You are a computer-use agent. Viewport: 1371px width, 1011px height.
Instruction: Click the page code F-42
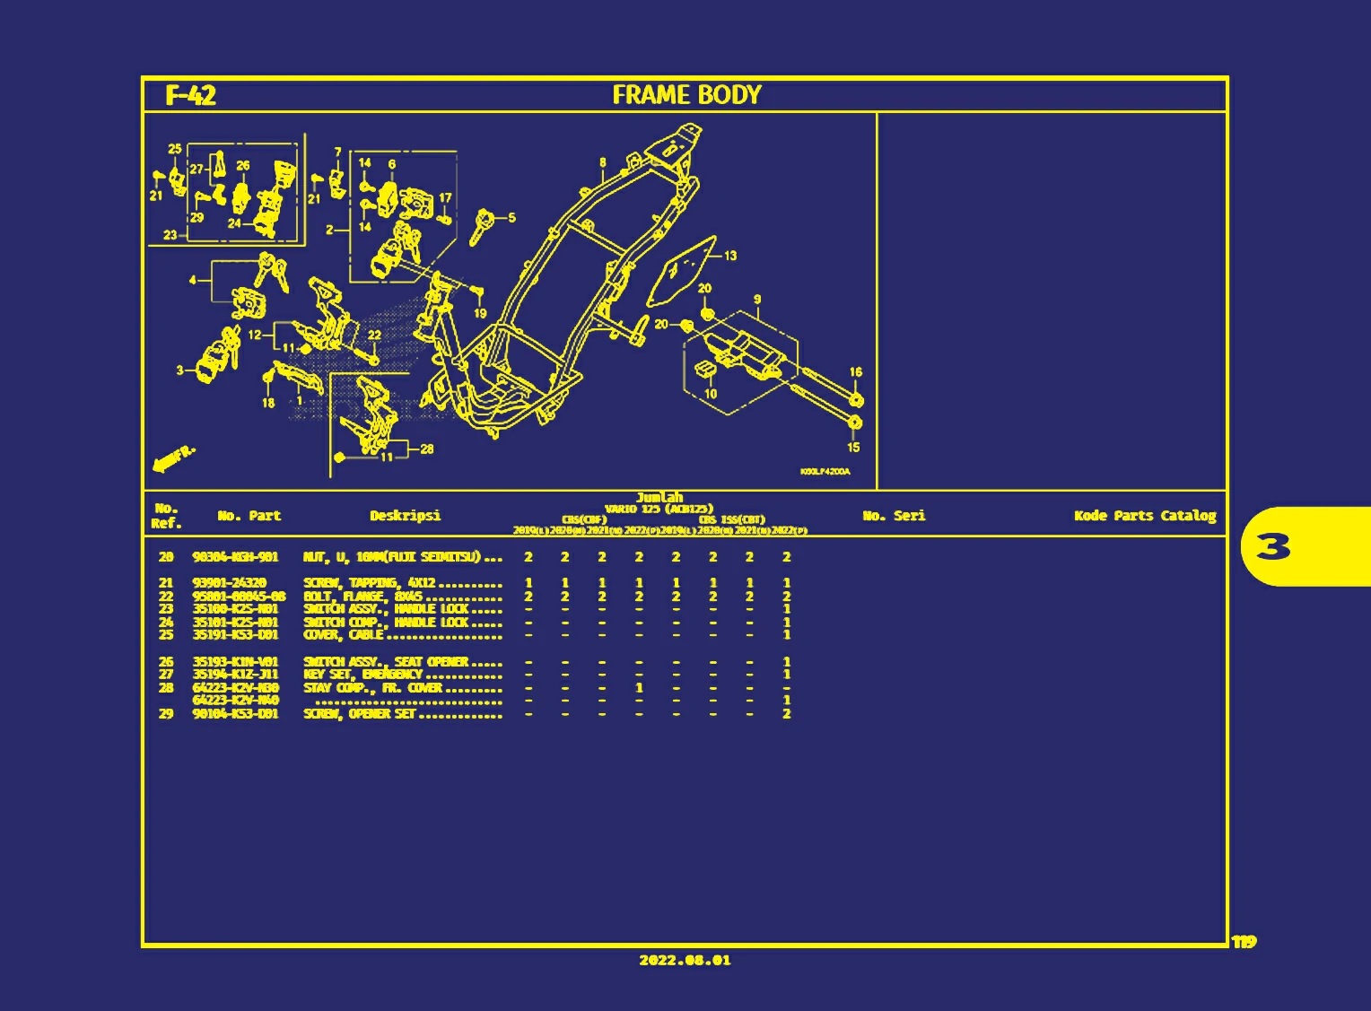tap(190, 96)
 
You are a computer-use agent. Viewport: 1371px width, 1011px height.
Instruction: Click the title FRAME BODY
tap(686, 95)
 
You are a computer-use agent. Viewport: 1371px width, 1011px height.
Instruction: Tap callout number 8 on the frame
tap(602, 163)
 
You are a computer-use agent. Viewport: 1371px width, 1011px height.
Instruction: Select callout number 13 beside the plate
tap(730, 256)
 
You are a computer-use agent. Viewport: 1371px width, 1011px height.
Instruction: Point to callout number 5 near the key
tap(511, 218)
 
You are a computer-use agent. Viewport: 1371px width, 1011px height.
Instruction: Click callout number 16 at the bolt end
tap(855, 372)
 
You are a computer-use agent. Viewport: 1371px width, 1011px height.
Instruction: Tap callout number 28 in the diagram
tap(426, 449)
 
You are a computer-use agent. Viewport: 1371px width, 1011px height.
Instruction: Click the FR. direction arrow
tap(173, 458)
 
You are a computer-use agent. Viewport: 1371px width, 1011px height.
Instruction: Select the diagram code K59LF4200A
tap(825, 472)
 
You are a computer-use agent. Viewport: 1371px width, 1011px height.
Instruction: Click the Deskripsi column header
tap(405, 516)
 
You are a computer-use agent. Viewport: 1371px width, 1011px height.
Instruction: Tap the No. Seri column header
tap(893, 516)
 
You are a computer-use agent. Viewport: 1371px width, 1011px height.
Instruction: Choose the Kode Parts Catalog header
tap(1145, 516)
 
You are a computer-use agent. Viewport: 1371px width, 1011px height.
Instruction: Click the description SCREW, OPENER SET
tap(360, 714)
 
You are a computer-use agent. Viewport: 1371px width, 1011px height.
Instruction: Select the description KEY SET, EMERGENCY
tap(362, 675)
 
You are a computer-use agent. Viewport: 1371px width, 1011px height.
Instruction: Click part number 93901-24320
tap(229, 583)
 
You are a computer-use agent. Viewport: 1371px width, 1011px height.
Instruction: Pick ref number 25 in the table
tap(166, 635)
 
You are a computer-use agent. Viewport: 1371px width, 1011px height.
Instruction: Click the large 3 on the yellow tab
tap(1272, 546)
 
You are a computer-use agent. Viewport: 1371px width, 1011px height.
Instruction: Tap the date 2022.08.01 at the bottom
tap(685, 960)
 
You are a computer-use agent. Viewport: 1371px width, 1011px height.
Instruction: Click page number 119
tap(1244, 941)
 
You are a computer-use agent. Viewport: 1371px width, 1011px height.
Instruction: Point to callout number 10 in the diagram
tap(711, 394)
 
